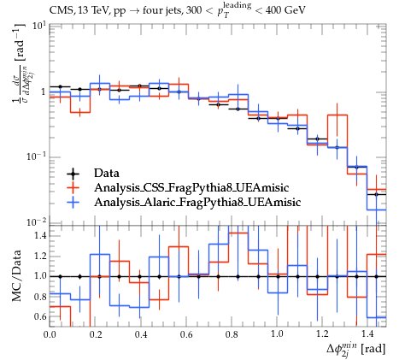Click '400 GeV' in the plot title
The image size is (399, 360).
285,10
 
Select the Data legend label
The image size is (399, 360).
107,173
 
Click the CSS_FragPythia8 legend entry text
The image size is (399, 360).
191,188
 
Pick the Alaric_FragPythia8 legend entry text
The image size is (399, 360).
197,202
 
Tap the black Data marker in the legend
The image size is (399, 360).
73,174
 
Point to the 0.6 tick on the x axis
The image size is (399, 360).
186,333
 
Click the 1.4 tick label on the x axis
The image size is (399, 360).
367,333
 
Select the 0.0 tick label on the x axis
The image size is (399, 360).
50,333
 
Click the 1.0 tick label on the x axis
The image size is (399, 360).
277,333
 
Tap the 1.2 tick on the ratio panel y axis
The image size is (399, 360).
40,256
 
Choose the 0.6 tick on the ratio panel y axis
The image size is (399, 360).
40,316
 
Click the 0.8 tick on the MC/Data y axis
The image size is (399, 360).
40,297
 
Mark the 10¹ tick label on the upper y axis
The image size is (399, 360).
39,26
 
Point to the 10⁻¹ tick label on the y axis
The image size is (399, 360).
36,156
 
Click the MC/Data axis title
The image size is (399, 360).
17,275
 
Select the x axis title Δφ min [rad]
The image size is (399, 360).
356,349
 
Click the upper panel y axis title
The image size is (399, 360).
20,63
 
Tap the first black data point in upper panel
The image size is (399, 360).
60,86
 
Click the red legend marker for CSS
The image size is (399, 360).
73,187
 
